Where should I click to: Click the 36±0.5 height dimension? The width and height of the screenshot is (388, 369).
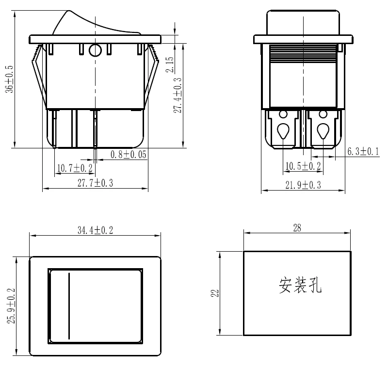pyautogui.click(x=8, y=80)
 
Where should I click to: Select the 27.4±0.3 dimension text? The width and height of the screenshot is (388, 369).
pyautogui.click(x=178, y=96)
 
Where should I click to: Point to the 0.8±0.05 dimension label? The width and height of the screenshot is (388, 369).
pyautogui.click(x=129, y=155)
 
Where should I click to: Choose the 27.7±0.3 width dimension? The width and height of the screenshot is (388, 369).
pyautogui.click(x=95, y=183)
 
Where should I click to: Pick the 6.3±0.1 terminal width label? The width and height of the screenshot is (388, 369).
pyautogui.click(x=363, y=152)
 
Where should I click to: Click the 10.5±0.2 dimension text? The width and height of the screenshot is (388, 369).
pyautogui.click(x=303, y=166)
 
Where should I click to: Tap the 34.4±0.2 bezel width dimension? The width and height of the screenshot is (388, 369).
pyautogui.click(x=95, y=230)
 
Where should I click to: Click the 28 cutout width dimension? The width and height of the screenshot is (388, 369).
pyautogui.click(x=297, y=228)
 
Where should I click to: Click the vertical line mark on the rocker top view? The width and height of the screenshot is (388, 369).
pyautogui.click(x=69, y=305)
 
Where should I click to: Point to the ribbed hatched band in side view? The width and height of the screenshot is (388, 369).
pyautogui.click(x=303, y=53)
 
